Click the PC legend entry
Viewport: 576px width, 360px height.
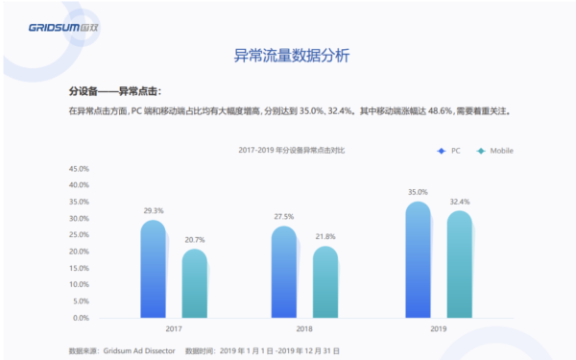(x=448, y=152)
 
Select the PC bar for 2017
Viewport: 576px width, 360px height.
(x=153, y=269)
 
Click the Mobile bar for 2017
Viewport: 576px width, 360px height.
(x=194, y=283)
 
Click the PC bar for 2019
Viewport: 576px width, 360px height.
(x=417, y=259)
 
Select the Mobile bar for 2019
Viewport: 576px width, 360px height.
(x=458, y=264)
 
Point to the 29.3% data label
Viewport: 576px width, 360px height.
(x=153, y=210)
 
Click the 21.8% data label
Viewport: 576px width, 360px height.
(x=324, y=236)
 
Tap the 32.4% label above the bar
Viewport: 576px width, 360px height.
(x=458, y=202)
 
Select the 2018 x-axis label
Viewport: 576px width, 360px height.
(x=304, y=329)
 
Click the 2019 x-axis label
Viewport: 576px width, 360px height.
(x=437, y=329)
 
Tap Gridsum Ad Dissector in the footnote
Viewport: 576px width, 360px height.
(x=138, y=350)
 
